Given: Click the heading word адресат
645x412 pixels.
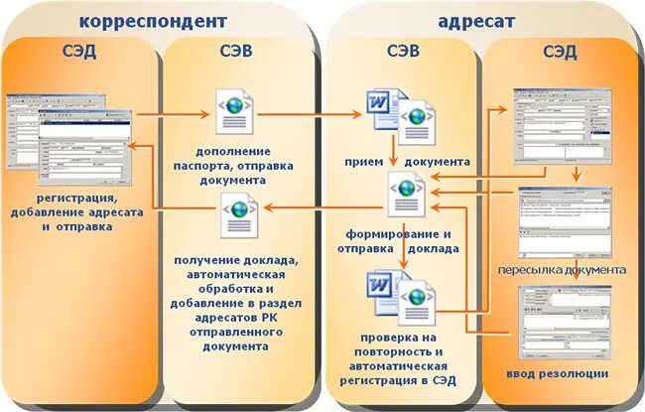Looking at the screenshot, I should tap(475, 20).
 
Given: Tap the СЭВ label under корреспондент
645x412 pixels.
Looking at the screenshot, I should tap(237, 53).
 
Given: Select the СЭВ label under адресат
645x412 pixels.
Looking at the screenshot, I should tap(400, 53).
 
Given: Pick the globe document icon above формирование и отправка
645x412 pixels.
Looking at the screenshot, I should tap(406, 191).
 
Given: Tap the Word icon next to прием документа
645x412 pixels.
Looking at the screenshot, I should tap(383, 108).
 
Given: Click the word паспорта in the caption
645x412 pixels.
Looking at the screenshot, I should tap(236, 167).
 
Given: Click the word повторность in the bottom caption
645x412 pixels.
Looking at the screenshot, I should tap(403, 352).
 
